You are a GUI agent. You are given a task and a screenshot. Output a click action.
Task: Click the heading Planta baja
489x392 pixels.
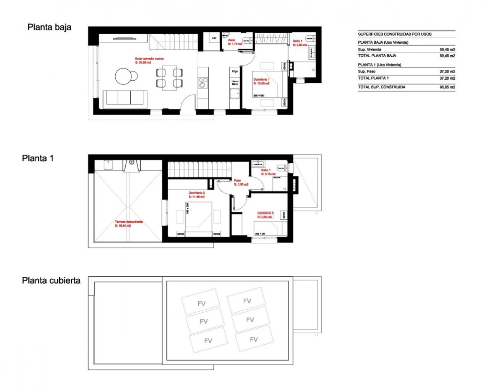[49, 27]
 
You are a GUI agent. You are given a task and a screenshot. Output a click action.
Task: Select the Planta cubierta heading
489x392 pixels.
[51, 281]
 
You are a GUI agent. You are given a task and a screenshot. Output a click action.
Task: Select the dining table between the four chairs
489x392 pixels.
[169, 78]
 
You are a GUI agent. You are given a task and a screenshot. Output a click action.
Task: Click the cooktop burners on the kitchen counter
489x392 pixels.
[203, 83]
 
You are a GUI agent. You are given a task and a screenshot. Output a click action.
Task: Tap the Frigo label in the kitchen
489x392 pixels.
[235, 72]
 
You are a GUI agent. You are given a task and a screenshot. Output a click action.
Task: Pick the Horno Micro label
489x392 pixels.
[235, 83]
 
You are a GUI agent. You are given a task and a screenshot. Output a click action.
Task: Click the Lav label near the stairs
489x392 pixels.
[214, 38]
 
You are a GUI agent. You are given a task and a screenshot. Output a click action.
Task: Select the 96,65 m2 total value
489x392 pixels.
[447, 87]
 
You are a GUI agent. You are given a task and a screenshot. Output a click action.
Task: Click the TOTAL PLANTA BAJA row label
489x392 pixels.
[377, 56]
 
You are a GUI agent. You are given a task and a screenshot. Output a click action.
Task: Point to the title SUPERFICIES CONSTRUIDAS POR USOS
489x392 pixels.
[395, 34]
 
